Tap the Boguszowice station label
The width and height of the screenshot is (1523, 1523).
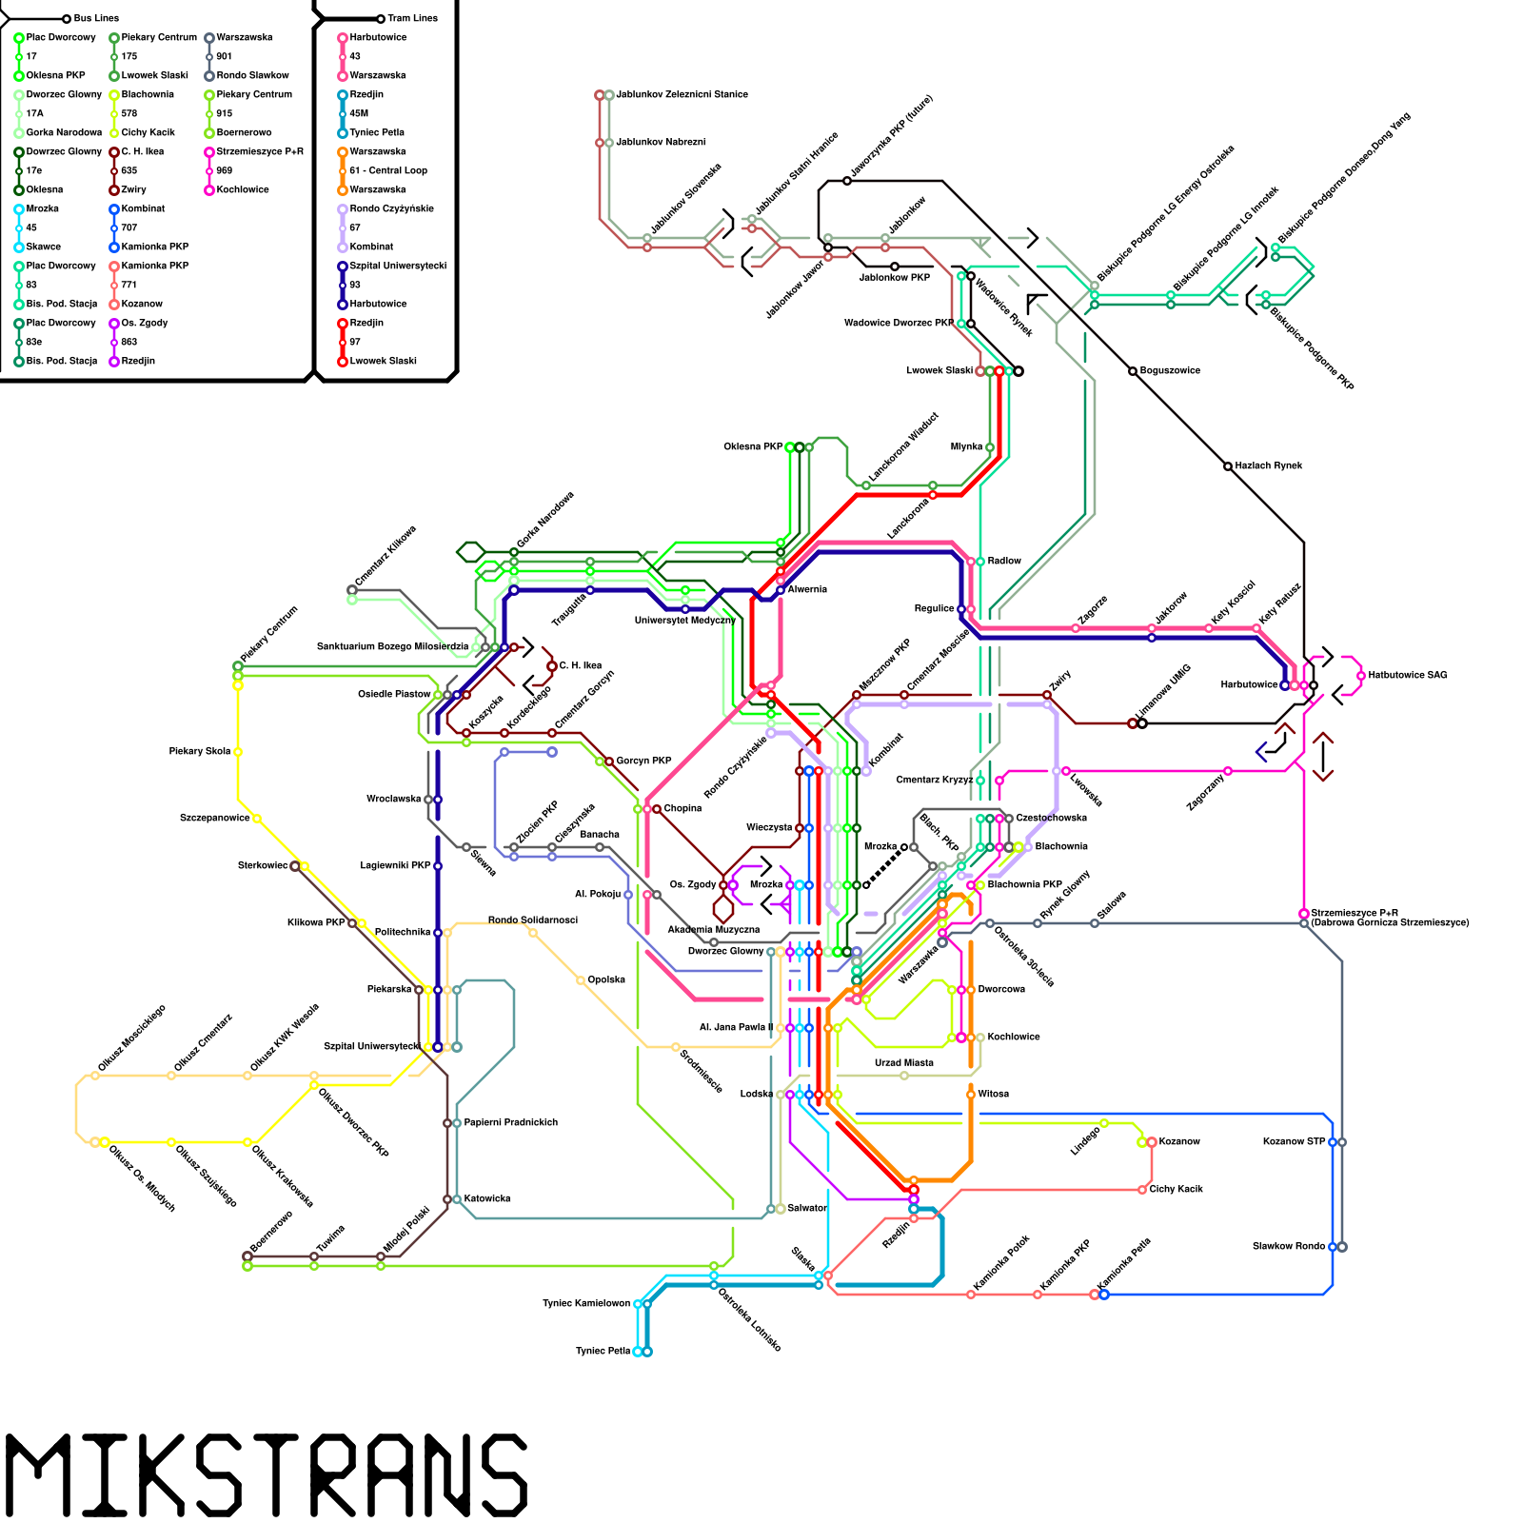1170,370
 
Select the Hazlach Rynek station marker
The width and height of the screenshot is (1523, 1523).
1228,466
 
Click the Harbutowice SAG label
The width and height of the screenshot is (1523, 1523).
1408,675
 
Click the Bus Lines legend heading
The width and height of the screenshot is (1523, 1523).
96,18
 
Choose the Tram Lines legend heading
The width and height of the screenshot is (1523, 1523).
412,18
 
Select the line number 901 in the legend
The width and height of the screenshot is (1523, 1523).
224,56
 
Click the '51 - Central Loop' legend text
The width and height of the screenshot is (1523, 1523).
388,170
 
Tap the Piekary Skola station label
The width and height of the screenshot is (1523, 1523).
200,751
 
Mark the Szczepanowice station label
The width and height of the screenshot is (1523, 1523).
214,818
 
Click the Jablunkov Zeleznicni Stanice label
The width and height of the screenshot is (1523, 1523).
682,94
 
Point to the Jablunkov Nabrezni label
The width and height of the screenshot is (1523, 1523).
661,142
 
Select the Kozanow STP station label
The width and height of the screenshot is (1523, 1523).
1294,1141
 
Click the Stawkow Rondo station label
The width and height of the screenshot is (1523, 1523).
1288,1246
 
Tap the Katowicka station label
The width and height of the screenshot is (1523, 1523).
487,1198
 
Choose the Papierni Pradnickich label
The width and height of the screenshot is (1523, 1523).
511,1122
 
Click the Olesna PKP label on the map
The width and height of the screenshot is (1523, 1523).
753,446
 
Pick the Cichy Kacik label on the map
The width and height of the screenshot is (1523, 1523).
1176,1189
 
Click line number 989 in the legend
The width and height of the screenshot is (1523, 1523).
224,170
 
